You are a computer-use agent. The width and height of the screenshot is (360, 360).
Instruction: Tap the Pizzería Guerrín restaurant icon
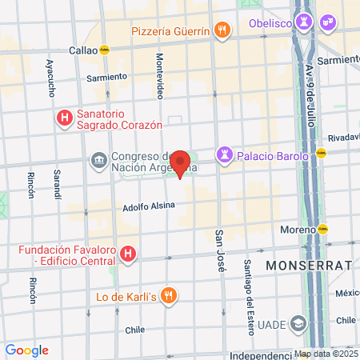pyautogui.click(x=223, y=31)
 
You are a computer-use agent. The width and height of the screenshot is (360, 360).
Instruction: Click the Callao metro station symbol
pyautogui.click(x=104, y=50)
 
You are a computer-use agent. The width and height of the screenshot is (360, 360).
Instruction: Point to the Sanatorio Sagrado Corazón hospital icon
pyautogui.click(x=64, y=118)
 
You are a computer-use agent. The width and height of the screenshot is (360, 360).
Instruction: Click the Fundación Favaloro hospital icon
pyautogui.click(x=127, y=255)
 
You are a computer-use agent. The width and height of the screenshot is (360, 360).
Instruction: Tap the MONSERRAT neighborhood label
pyautogui.click(x=309, y=265)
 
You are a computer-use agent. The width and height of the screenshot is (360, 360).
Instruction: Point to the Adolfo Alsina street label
pyautogui.click(x=148, y=206)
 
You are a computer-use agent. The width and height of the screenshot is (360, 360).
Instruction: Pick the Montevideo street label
pyautogui.click(x=160, y=76)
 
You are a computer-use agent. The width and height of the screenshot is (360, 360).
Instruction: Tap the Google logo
pyautogui.click(x=26, y=350)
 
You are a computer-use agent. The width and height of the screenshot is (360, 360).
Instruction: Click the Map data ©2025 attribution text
pyautogui.click(x=326, y=354)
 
